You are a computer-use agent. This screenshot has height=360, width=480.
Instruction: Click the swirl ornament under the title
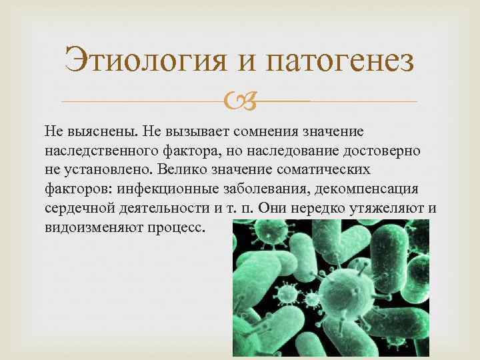240,101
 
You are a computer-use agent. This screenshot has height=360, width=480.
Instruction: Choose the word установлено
102,169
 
